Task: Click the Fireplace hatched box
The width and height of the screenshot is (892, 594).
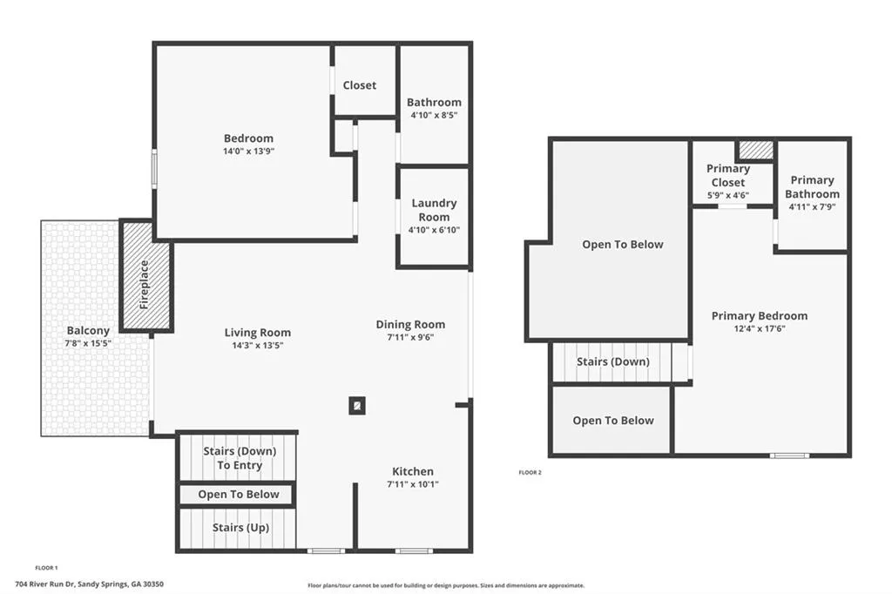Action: [145, 276]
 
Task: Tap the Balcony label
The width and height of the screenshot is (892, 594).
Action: [88, 330]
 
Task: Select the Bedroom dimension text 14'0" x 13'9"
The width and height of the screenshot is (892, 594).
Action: [248, 151]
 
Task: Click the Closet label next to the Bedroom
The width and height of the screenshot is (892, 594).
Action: [359, 85]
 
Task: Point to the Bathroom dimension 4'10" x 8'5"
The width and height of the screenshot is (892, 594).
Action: [434, 115]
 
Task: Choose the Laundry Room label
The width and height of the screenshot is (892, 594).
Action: [434, 210]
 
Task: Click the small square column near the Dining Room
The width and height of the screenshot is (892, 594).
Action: [357, 405]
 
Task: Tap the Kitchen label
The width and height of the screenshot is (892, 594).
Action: [412, 471]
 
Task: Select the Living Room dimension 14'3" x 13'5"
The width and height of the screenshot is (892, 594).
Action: [258, 345]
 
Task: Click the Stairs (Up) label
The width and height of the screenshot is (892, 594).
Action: [240, 528]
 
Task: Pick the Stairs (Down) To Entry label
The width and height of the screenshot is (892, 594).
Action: [240, 458]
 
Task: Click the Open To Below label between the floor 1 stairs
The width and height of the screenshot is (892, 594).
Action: [239, 494]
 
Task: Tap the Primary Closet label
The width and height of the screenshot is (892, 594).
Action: [727, 175]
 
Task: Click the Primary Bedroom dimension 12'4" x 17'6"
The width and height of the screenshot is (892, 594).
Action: [759, 328]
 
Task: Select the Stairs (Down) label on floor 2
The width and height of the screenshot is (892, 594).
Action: [612, 361]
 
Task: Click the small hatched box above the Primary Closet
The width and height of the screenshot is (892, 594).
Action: [755, 150]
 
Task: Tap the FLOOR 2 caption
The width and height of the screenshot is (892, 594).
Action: [530, 472]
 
